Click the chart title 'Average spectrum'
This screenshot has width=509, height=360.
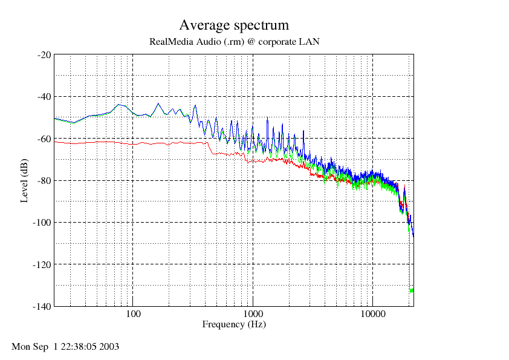point(234,25)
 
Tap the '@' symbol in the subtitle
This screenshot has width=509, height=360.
point(251,42)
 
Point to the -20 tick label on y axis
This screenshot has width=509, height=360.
point(44,55)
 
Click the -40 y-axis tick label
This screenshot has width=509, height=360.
point(44,97)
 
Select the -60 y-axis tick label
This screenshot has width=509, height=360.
point(44,139)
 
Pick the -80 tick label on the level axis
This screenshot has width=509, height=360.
point(44,181)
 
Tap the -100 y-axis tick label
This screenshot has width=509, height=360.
point(42,223)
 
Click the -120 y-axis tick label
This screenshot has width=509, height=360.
point(42,264)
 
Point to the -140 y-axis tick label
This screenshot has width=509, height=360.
point(42,306)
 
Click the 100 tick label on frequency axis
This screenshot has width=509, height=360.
point(133,314)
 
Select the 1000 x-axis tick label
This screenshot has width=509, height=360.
point(253,314)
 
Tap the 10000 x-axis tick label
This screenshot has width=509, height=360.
point(373,314)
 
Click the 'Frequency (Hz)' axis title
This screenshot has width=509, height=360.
point(234,324)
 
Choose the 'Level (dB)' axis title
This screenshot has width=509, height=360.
point(24,181)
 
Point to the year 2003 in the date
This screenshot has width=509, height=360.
point(109,347)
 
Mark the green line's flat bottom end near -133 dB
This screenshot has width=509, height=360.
point(411,290)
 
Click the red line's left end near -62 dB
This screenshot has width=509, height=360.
point(54,142)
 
